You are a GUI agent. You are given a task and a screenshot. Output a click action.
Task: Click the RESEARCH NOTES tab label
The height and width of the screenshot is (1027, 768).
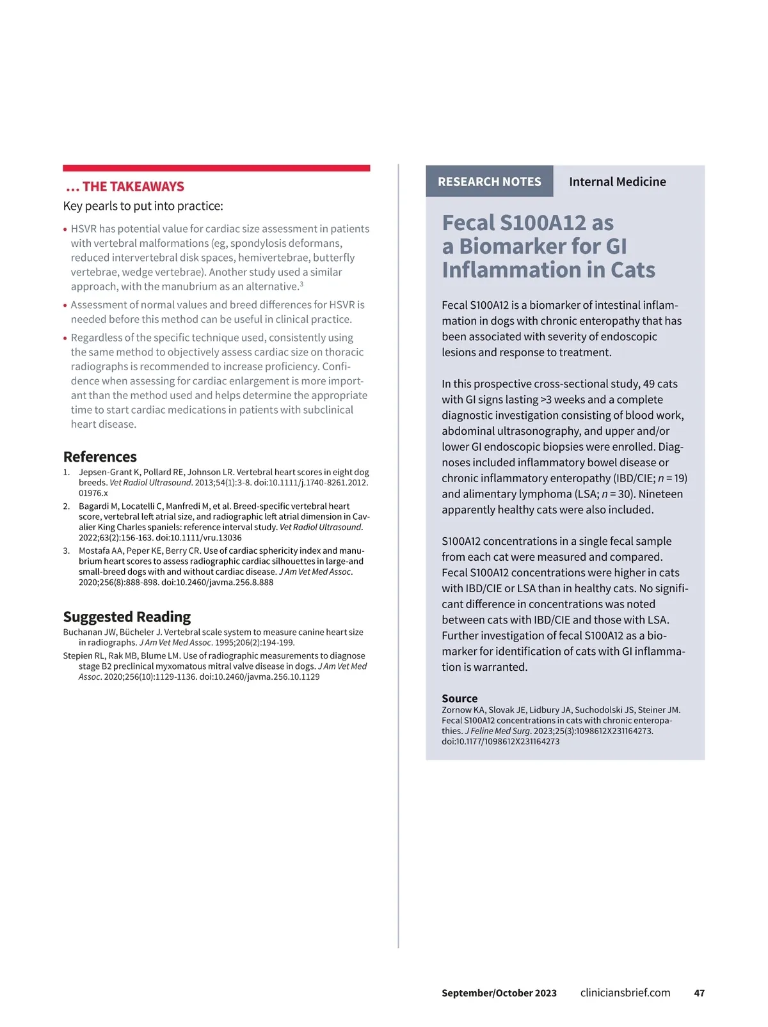tap(489, 182)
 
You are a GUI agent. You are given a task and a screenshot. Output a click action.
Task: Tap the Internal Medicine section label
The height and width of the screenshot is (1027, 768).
tap(617, 182)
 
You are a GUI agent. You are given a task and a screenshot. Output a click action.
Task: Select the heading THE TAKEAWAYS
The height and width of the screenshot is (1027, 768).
tap(132, 187)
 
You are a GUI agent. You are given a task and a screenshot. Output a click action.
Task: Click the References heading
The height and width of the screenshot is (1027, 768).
tap(100, 457)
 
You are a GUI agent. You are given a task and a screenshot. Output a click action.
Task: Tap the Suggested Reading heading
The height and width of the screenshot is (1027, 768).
tap(127, 616)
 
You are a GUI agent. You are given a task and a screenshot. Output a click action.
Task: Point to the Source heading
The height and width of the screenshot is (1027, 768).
tap(460, 698)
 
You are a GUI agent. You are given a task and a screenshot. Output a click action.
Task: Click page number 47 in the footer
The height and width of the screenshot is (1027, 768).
tap(699, 993)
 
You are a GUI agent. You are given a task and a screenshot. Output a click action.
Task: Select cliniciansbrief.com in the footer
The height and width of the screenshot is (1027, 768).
tap(625, 992)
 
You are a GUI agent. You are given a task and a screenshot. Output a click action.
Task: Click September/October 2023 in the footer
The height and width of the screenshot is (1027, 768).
tap(499, 993)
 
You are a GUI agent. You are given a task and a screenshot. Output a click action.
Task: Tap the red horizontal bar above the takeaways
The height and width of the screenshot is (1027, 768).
tap(216, 168)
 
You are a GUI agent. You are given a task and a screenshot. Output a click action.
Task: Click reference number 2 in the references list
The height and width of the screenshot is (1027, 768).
tap(66, 506)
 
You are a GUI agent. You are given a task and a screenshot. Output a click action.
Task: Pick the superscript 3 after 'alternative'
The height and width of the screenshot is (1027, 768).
tap(301, 284)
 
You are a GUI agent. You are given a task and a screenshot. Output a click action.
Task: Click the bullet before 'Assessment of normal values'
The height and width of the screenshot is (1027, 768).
tap(65, 306)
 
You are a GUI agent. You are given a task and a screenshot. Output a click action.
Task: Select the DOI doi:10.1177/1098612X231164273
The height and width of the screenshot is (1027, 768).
tap(500, 742)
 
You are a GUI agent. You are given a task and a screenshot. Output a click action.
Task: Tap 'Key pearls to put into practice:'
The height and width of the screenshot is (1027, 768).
tap(143, 206)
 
